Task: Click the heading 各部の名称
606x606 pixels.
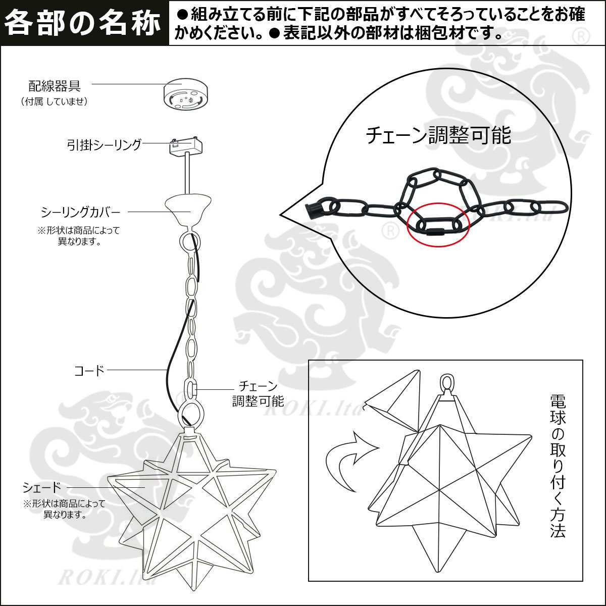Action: [x=82, y=23]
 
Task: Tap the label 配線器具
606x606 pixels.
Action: [x=55, y=85]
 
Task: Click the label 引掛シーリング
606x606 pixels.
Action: [x=104, y=144]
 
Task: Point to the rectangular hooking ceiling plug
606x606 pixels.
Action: [x=186, y=146]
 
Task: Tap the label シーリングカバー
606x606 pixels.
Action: [x=80, y=213]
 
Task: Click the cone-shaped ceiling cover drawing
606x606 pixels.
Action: [x=188, y=210]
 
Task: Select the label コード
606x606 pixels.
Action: [x=89, y=371]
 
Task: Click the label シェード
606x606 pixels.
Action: [x=42, y=487]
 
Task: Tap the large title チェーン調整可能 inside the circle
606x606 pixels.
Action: [x=438, y=135]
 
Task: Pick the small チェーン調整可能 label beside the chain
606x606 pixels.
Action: [x=258, y=393]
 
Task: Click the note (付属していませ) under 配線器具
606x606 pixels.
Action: [x=54, y=102]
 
